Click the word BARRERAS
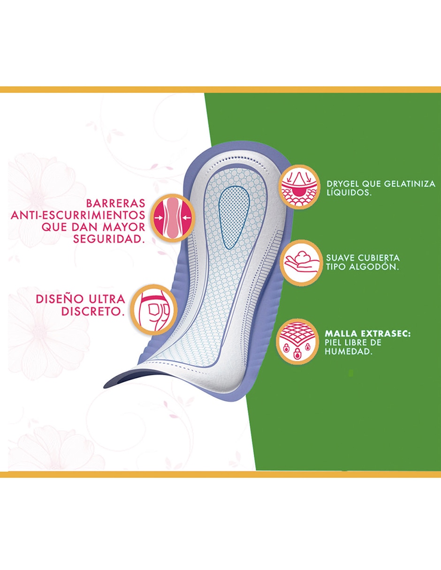tap(115, 203)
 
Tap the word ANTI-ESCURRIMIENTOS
tap(78, 215)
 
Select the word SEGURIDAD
tap(109, 239)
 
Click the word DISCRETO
tap(93, 312)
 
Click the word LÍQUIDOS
tap(349, 192)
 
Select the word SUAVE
tap(340, 258)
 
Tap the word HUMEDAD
tap(349, 352)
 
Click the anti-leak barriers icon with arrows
tap(173, 218)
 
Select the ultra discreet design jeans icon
tap(154, 310)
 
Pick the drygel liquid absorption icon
tap(299, 187)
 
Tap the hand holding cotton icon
tap(301, 263)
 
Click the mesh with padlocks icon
tap(297, 342)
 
